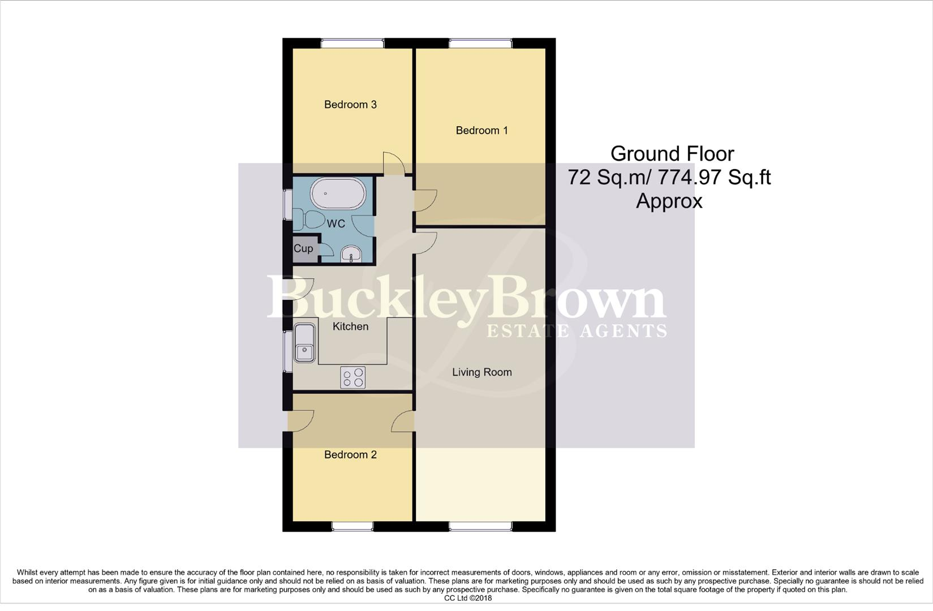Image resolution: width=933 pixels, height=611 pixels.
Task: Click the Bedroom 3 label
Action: (350, 105)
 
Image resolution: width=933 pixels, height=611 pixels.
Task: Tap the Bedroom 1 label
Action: (481, 131)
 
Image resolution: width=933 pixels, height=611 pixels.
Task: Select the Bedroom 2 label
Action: (350, 455)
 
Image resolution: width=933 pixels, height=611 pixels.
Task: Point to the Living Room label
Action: (481, 372)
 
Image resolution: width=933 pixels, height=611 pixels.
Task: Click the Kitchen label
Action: (350, 326)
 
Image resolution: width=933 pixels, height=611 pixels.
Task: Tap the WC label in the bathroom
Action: (336, 224)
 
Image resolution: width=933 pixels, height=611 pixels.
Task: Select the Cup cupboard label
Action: (303, 249)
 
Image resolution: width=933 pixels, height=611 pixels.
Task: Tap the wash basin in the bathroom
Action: (352, 255)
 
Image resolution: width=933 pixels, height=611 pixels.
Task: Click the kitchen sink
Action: (304, 343)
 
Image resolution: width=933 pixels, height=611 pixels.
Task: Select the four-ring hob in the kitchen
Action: (352, 377)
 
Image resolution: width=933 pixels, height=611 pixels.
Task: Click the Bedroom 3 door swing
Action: (393, 163)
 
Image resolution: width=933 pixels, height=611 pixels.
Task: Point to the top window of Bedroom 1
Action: (480, 43)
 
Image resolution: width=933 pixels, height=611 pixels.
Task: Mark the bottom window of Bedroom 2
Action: (352, 527)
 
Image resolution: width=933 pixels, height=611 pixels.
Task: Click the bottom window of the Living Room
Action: (480, 527)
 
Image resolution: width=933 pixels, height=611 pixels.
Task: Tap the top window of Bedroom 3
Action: (352, 43)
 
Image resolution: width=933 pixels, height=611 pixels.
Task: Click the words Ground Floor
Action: (672, 154)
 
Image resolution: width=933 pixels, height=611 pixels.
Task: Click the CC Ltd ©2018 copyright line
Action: (467, 598)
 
